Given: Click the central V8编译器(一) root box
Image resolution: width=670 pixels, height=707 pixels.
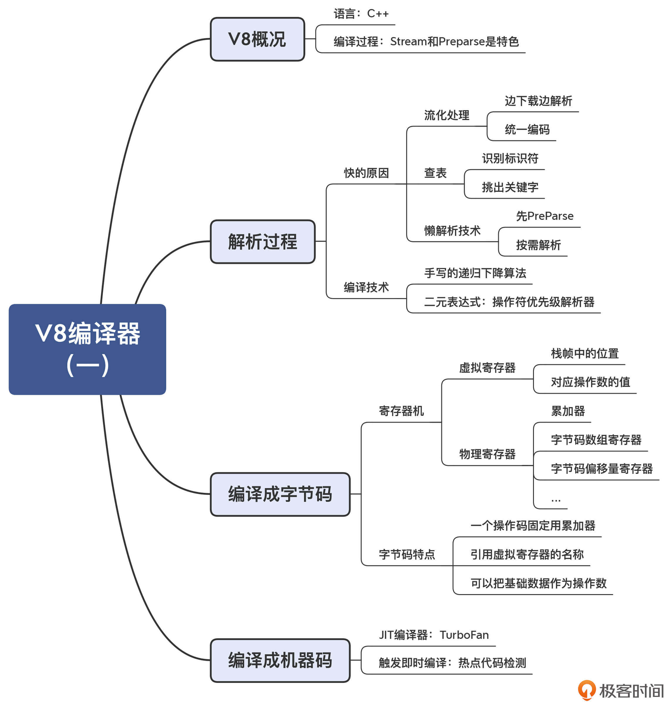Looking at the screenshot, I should (x=87, y=349).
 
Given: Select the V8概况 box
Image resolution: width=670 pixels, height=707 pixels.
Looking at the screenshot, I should (x=257, y=39).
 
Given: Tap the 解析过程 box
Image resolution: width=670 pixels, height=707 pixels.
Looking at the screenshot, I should (x=263, y=242).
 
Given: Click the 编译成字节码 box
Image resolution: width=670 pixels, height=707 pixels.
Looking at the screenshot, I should (x=280, y=494).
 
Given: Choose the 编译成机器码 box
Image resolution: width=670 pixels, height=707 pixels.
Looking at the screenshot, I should (x=280, y=660).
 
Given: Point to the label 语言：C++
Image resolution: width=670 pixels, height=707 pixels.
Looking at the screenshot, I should (x=361, y=14).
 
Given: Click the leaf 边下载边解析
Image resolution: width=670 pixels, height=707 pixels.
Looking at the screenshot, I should (x=538, y=101).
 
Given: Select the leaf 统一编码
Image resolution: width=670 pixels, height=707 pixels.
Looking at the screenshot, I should (x=527, y=130).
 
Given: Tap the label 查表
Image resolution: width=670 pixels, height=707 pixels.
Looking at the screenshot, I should (x=435, y=173).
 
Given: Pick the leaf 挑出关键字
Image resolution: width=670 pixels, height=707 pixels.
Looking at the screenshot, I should (x=510, y=187).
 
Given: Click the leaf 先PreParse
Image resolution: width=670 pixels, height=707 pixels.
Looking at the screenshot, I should (x=545, y=216).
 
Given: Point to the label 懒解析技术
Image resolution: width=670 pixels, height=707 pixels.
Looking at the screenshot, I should (x=452, y=231).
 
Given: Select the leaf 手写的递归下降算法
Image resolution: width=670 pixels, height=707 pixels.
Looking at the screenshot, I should (x=475, y=273).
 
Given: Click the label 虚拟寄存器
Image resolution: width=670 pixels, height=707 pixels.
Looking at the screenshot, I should (x=487, y=368).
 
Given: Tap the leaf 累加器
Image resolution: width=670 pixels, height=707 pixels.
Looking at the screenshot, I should (x=568, y=411).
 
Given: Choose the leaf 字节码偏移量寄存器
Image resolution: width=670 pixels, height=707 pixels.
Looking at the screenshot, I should (x=602, y=468).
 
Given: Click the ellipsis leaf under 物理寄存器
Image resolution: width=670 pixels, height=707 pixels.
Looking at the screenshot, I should (x=556, y=499).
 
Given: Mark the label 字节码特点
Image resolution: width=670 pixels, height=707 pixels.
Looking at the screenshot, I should (x=407, y=554).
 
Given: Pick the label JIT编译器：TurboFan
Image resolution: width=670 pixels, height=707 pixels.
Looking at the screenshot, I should (x=434, y=635).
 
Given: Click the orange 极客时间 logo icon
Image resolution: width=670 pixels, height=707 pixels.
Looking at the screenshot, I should (x=587, y=690).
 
